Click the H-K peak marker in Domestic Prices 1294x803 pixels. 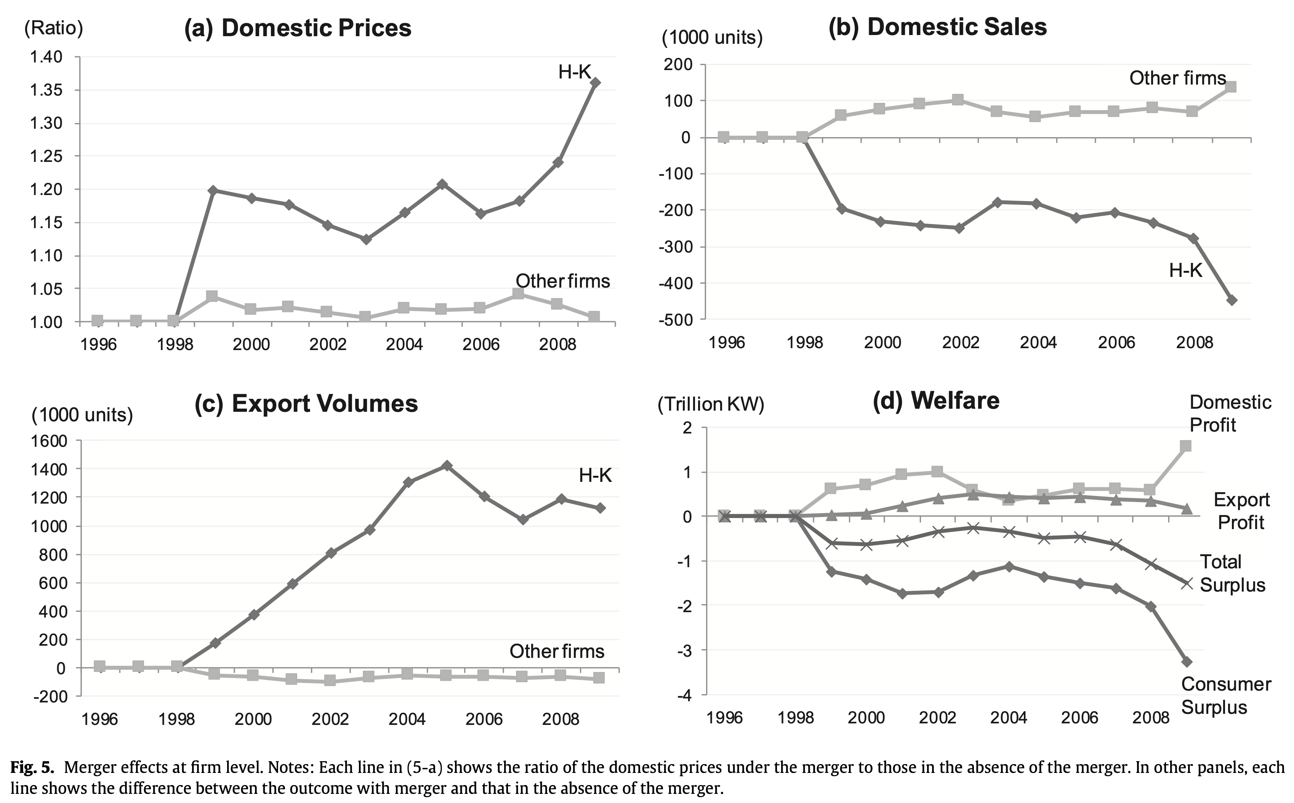click(x=596, y=83)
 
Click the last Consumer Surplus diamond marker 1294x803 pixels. click(x=1187, y=662)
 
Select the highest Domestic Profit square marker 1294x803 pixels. click(x=1185, y=446)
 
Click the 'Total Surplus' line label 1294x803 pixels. click(x=1232, y=574)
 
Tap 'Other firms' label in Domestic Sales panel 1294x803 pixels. click(x=1177, y=78)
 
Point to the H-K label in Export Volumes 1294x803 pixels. click(x=595, y=475)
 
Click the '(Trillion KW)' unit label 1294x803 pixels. click(x=711, y=405)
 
